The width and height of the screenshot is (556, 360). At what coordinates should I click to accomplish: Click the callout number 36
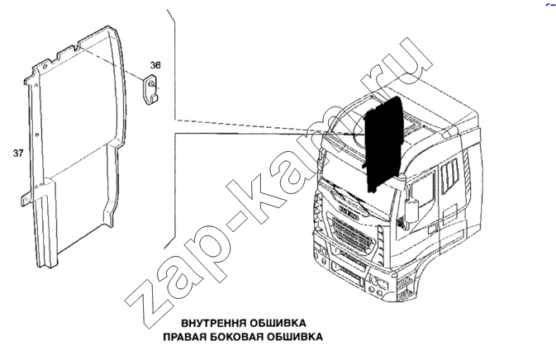[x=155, y=65]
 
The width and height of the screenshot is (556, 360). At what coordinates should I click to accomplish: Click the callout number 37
[x=18, y=153]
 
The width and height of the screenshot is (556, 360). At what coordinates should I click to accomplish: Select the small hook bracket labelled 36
[x=150, y=90]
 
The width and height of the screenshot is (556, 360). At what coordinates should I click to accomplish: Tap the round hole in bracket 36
[x=150, y=83]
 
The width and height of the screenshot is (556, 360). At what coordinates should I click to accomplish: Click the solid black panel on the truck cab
[x=383, y=144]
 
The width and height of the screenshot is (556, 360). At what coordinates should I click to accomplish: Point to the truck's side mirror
[x=411, y=210]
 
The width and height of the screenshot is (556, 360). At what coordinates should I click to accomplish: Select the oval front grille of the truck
[x=352, y=234]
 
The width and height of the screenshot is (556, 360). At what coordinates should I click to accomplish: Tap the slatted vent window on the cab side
[x=450, y=175]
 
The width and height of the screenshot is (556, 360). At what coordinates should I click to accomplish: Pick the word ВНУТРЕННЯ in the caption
[x=214, y=323]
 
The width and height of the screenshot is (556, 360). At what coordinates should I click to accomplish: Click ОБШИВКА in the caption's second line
[x=295, y=337]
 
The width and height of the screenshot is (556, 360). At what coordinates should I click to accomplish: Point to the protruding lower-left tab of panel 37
[x=26, y=199]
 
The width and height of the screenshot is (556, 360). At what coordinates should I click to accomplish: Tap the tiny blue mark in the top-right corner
[x=550, y=5]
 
